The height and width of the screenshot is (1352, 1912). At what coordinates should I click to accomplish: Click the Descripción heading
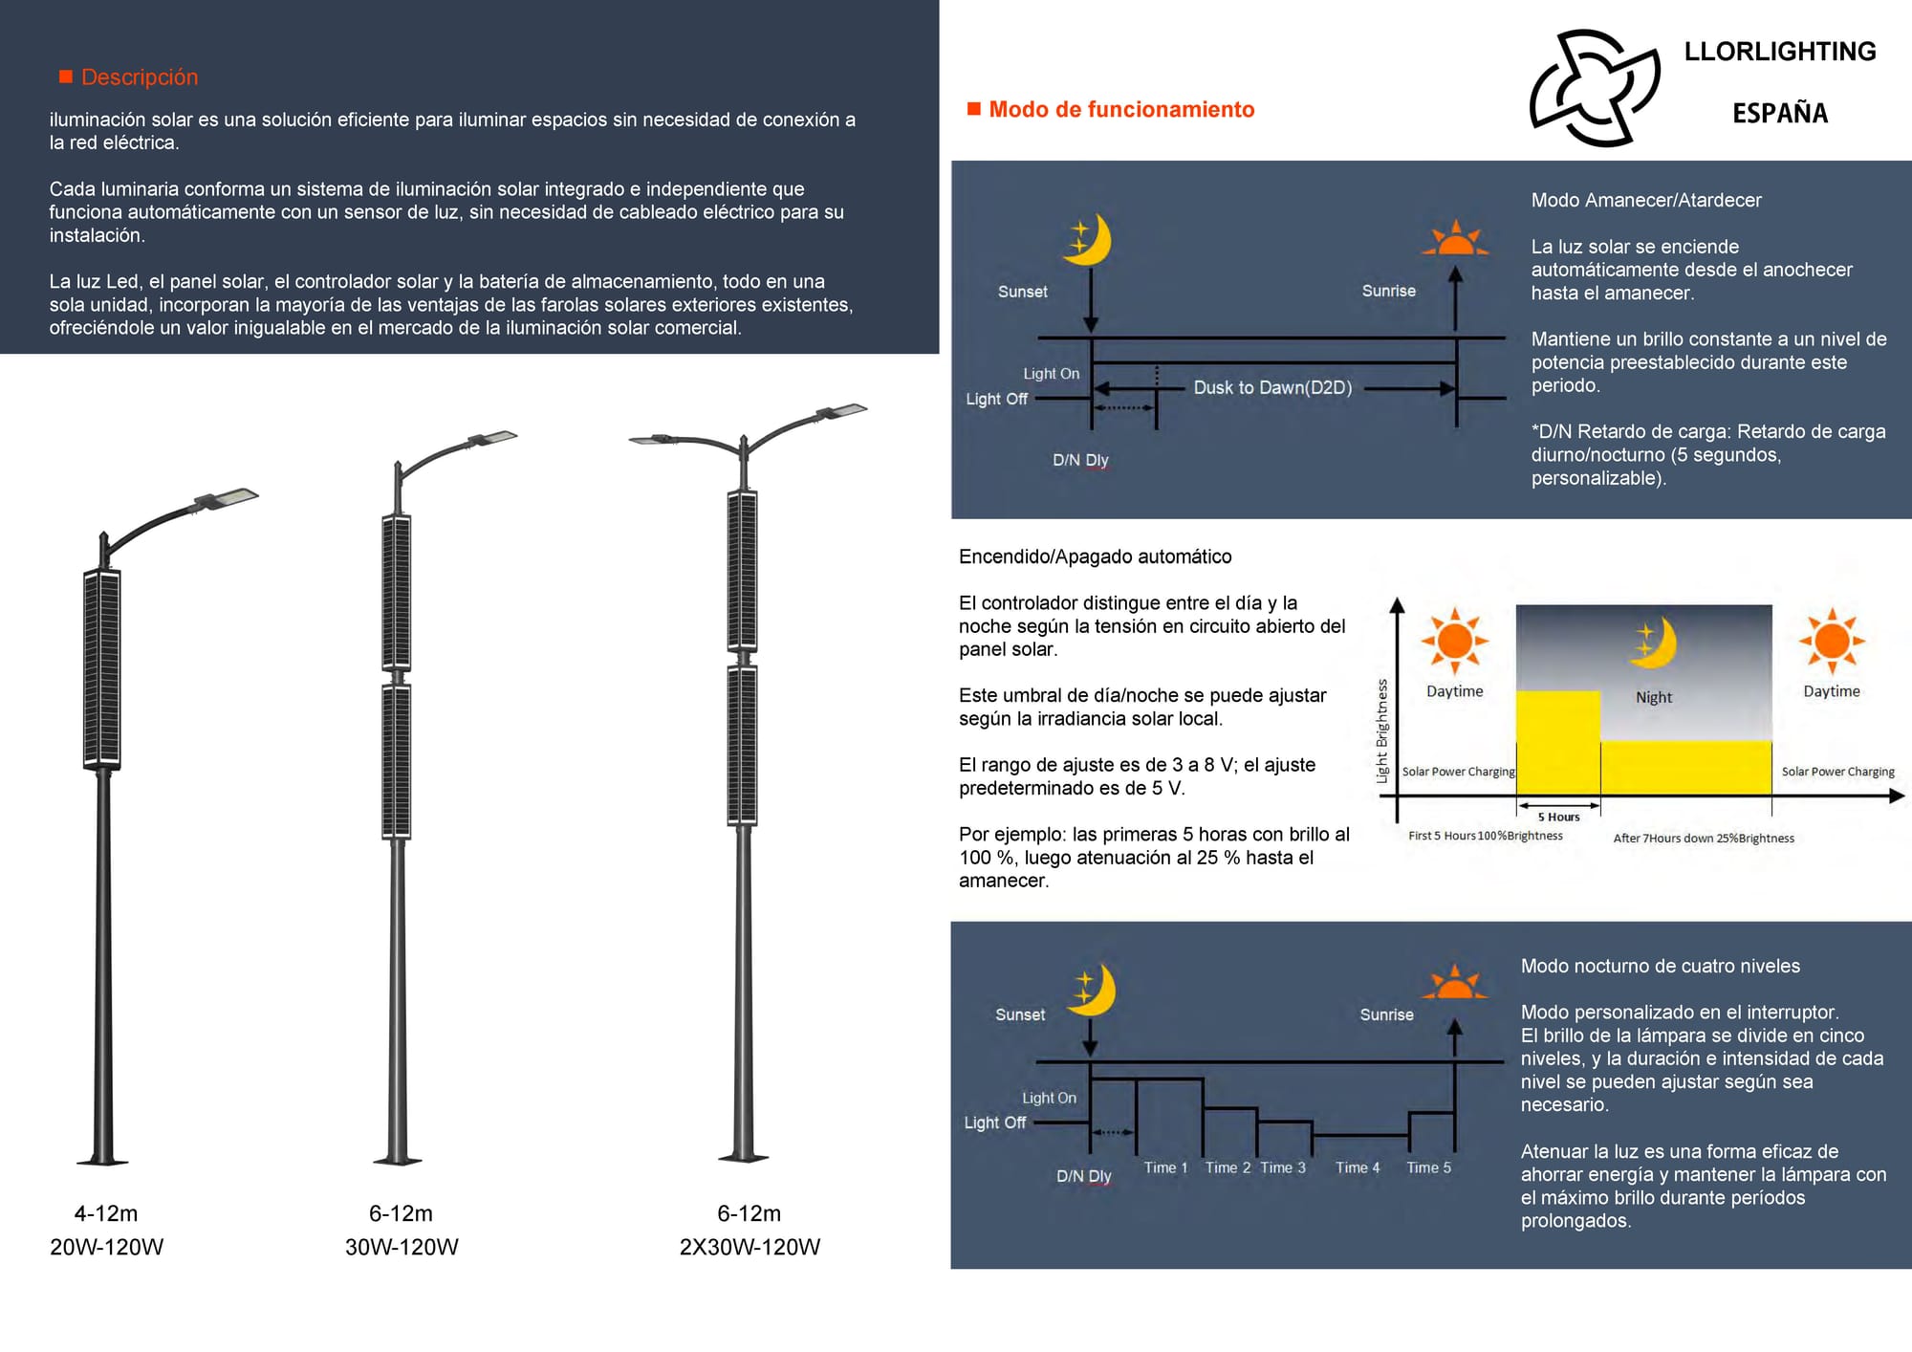click(139, 77)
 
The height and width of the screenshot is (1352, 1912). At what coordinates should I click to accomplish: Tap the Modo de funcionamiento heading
click(1120, 110)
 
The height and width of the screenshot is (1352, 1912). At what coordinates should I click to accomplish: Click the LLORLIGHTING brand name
click(1779, 52)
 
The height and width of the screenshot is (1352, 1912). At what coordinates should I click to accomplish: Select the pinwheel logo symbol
click(1594, 88)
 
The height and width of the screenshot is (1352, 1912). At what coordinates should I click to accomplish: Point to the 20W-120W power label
click(107, 1247)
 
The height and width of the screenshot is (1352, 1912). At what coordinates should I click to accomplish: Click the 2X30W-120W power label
click(750, 1247)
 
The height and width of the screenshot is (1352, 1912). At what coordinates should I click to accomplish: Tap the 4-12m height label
click(106, 1213)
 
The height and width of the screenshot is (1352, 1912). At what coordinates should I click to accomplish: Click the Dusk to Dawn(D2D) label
click(1272, 387)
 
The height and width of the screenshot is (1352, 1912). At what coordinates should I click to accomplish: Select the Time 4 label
click(1358, 1167)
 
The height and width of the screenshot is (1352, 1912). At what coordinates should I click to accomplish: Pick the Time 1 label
click(1165, 1167)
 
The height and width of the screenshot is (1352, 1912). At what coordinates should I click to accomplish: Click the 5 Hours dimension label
click(1558, 817)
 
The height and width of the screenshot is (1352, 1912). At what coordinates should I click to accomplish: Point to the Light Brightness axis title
click(1382, 731)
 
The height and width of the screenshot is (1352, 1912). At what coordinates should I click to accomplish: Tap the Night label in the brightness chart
click(1653, 697)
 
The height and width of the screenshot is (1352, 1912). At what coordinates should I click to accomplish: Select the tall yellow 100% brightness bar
click(1557, 741)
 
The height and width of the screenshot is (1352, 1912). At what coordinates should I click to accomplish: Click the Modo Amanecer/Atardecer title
click(1645, 201)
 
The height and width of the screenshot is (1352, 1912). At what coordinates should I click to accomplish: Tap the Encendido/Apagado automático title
click(1095, 556)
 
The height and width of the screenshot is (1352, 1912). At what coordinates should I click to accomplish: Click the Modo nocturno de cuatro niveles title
click(1660, 966)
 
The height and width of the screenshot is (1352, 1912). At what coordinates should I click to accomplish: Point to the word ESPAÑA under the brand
click(1779, 114)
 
